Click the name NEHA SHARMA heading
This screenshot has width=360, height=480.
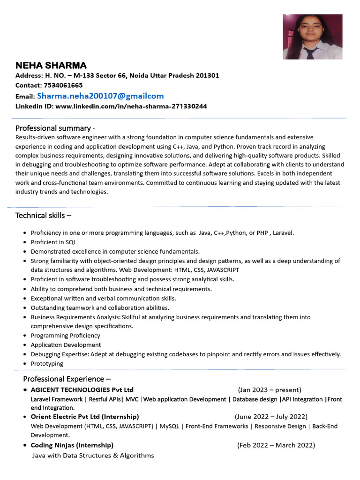(x=51, y=65)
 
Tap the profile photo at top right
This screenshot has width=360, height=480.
(x=312, y=37)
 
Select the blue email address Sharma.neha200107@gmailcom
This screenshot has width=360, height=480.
(x=100, y=96)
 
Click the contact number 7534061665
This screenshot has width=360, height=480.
(x=63, y=85)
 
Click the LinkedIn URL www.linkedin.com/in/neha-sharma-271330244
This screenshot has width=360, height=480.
(x=131, y=106)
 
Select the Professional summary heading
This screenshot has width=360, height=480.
(x=53, y=128)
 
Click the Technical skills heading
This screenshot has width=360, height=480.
(x=43, y=216)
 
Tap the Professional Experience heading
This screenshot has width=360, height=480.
(x=67, y=379)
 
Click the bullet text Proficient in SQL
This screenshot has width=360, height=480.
(x=53, y=242)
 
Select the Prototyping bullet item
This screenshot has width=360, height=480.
(x=47, y=364)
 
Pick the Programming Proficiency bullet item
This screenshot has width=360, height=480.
(x=65, y=336)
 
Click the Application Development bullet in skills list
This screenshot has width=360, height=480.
(x=66, y=345)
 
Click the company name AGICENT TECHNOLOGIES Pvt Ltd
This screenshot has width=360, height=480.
(x=82, y=390)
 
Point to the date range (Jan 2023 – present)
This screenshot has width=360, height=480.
(x=270, y=390)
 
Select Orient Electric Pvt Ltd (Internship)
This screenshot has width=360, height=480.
(x=85, y=417)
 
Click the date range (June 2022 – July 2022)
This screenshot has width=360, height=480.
(x=271, y=417)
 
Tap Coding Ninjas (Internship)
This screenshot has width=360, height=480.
(x=72, y=445)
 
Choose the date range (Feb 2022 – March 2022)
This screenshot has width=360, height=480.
(x=276, y=445)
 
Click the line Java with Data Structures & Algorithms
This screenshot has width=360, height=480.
(x=93, y=456)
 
